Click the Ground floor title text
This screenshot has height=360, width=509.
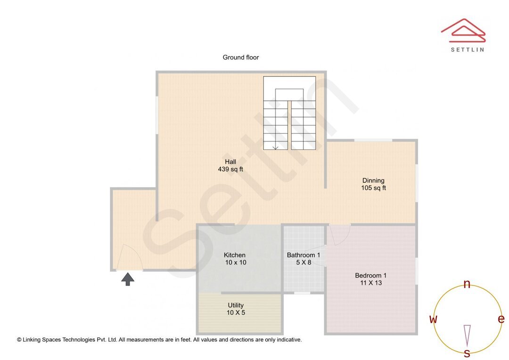[x=240, y=57]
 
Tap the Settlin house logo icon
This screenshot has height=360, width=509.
[x=463, y=30]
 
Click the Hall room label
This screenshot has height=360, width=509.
[x=230, y=162]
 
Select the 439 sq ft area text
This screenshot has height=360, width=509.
[x=230, y=169]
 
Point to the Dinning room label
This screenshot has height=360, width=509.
[x=373, y=180]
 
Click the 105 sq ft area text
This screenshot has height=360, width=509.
[x=373, y=188]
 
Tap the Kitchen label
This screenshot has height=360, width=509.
[x=235, y=255]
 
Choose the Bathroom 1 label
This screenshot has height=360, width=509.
[x=304, y=255]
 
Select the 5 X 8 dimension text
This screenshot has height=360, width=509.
[x=304, y=262]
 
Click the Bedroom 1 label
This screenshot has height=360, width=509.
[x=371, y=275]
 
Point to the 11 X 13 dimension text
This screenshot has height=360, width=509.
[x=371, y=283]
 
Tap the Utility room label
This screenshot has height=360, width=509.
[x=236, y=305]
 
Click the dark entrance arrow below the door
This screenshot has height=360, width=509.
[x=128, y=279]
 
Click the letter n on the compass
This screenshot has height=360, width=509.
[x=467, y=284]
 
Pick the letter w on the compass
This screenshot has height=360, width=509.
[x=433, y=319]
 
